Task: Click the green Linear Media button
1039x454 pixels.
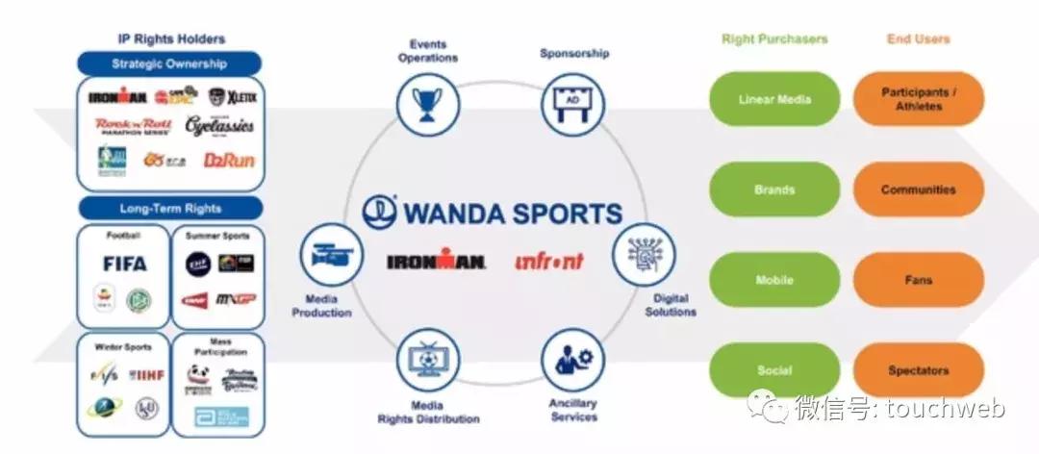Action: pos(774,99)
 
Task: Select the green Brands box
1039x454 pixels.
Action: pos(774,189)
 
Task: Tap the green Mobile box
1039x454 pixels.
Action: pos(774,280)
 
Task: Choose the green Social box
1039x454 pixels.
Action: pos(774,370)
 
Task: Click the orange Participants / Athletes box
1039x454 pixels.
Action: pos(918,99)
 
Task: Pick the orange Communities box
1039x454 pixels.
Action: pos(918,189)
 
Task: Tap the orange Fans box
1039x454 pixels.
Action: pos(918,280)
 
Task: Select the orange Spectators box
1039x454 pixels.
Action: pos(918,370)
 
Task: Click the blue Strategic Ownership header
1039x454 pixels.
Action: pos(169,64)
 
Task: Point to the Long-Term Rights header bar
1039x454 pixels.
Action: pos(170,208)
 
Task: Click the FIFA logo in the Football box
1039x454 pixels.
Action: pos(125,264)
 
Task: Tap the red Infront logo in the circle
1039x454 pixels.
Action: pos(549,261)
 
